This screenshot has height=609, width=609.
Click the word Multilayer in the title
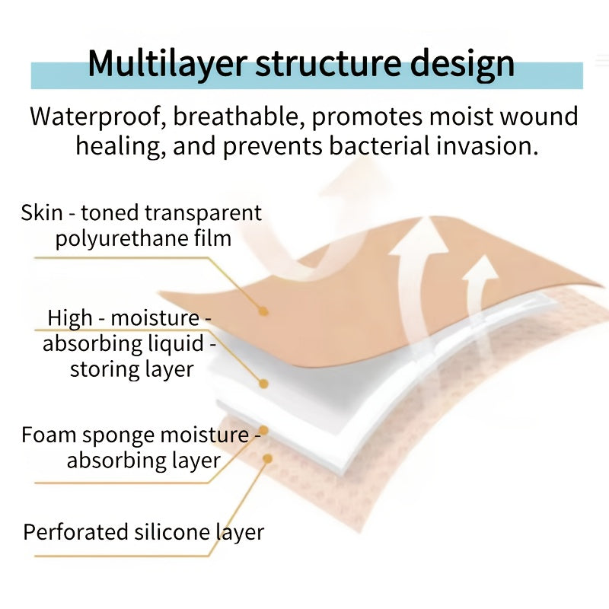pyautogui.click(x=167, y=63)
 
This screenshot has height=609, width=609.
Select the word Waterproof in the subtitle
pyautogui.click(x=96, y=116)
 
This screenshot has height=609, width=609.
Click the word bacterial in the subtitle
pyautogui.click(x=379, y=146)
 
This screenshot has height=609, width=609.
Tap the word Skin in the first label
pyautogui.click(x=42, y=213)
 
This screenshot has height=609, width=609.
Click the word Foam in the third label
pyautogui.click(x=48, y=435)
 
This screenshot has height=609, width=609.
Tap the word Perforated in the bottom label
pyautogui.click(x=75, y=532)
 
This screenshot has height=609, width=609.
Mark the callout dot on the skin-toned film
pyautogui.click(x=263, y=311)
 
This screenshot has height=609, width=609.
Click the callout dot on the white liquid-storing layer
pyautogui.click(x=263, y=384)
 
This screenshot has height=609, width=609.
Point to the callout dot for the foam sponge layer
pyautogui.click(x=263, y=430)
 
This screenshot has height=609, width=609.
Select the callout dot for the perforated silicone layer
pyautogui.click(x=267, y=459)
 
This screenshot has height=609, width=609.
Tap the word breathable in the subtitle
pyautogui.click(x=235, y=116)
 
